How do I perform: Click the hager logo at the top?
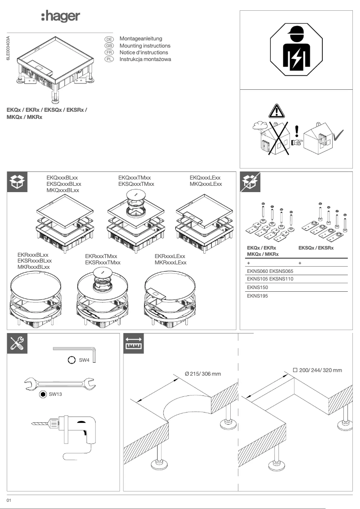point(61,17)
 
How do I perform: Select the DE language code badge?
point(109,39)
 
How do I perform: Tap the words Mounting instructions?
point(145,46)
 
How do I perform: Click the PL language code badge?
point(109,59)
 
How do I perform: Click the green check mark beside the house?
point(339,133)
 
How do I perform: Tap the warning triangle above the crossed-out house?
point(277,110)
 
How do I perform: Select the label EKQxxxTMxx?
point(135,178)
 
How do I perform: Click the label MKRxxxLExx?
point(171,263)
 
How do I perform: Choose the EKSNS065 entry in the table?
point(281,271)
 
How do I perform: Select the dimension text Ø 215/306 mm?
point(202,374)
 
